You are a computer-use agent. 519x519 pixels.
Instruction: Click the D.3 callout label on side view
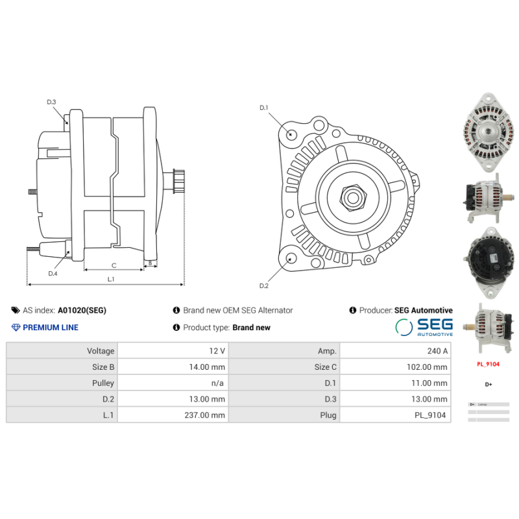pyautogui.click(x=51, y=102)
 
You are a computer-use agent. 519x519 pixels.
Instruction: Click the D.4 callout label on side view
pyautogui.click(x=53, y=274)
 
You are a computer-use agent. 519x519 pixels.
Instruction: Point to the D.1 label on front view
pyautogui.click(x=264, y=108)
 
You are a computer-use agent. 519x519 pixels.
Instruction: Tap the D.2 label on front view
pyautogui.click(x=264, y=286)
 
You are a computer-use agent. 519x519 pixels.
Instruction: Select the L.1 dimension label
pyautogui.click(x=111, y=279)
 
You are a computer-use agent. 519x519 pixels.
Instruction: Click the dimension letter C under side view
pyautogui.click(x=114, y=265)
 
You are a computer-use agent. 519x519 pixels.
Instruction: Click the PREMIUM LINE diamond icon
pyautogui.click(x=16, y=328)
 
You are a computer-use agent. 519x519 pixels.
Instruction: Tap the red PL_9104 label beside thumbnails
pyautogui.click(x=488, y=365)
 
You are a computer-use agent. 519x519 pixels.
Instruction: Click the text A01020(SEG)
pyautogui.click(x=82, y=311)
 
